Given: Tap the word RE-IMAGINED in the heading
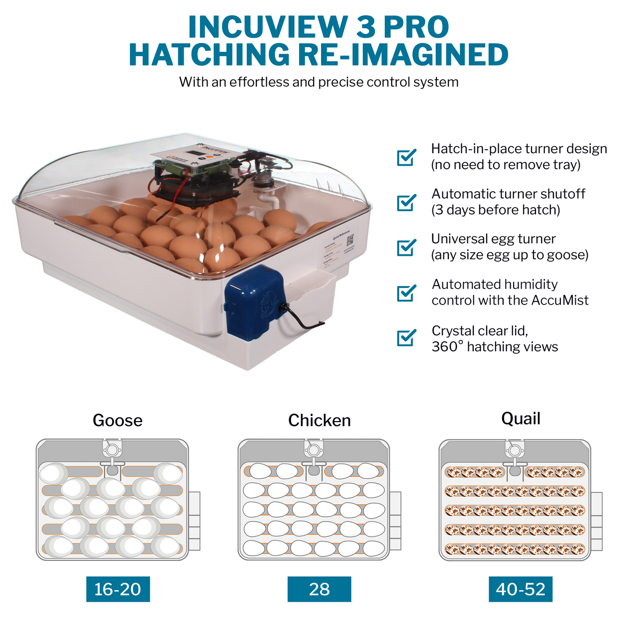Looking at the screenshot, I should (x=403, y=55).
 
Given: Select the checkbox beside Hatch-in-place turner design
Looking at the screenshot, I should (x=407, y=157).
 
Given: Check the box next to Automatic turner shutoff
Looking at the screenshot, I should (x=407, y=202).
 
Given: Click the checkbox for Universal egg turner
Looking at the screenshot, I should (x=407, y=247).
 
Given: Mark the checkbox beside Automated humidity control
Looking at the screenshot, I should (x=407, y=293).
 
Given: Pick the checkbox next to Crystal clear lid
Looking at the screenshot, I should (x=407, y=338).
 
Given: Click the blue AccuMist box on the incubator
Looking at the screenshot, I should (x=254, y=304).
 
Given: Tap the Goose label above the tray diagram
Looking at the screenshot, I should (x=117, y=421).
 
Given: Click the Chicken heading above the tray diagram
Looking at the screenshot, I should (x=319, y=421).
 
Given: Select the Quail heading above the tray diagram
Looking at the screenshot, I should (x=521, y=419).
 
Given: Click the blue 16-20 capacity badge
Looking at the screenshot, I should (x=118, y=589).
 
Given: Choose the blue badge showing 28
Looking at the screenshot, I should (x=319, y=589).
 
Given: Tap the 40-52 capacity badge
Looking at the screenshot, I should (x=521, y=589).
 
